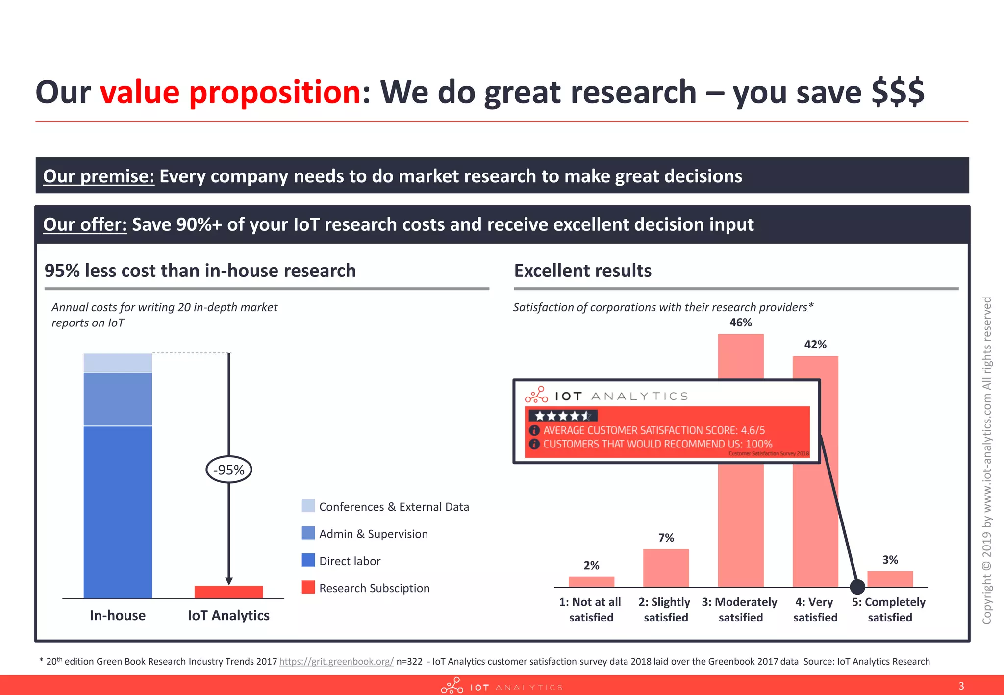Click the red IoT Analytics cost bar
point(228,592)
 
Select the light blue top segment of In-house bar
point(118,363)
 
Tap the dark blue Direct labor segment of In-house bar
point(118,512)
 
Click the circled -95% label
point(228,470)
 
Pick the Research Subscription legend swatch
point(308,587)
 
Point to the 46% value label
point(740,323)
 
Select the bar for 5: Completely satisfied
point(890,579)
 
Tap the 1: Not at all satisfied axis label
point(591,610)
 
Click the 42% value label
point(815,345)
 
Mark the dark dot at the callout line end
point(857,586)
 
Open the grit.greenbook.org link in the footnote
point(336,661)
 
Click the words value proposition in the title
point(230,92)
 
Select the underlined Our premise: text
point(99,176)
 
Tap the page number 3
point(961,686)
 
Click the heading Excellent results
point(582,271)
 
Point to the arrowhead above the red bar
point(228,581)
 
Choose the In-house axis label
point(118,615)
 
